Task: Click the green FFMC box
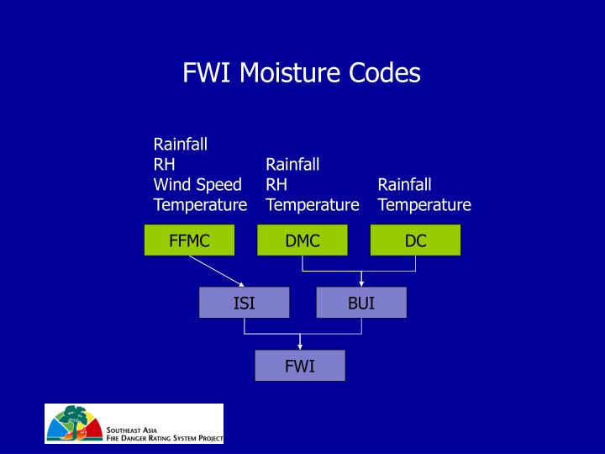tap(189, 240)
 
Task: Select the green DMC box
tap(302, 240)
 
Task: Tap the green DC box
tap(415, 240)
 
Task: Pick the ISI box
tap(244, 303)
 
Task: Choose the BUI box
tap(361, 303)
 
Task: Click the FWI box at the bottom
tap(300, 366)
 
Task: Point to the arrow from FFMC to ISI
tap(216, 271)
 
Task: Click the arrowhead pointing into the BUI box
tap(361, 282)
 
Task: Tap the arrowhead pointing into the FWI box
tap(300, 345)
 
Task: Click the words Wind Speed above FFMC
tap(197, 184)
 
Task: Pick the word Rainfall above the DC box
tap(404, 184)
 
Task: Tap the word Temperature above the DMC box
tap(313, 204)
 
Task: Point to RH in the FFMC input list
tap(164, 164)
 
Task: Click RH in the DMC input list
tap(276, 184)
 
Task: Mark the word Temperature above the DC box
tap(424, 204)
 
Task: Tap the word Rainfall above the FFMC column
tap(180, 144)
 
